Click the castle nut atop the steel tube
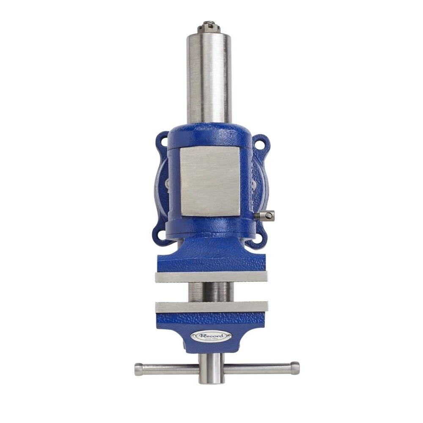209,26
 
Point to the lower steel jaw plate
211,307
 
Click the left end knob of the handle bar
138,369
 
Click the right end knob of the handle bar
295,368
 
